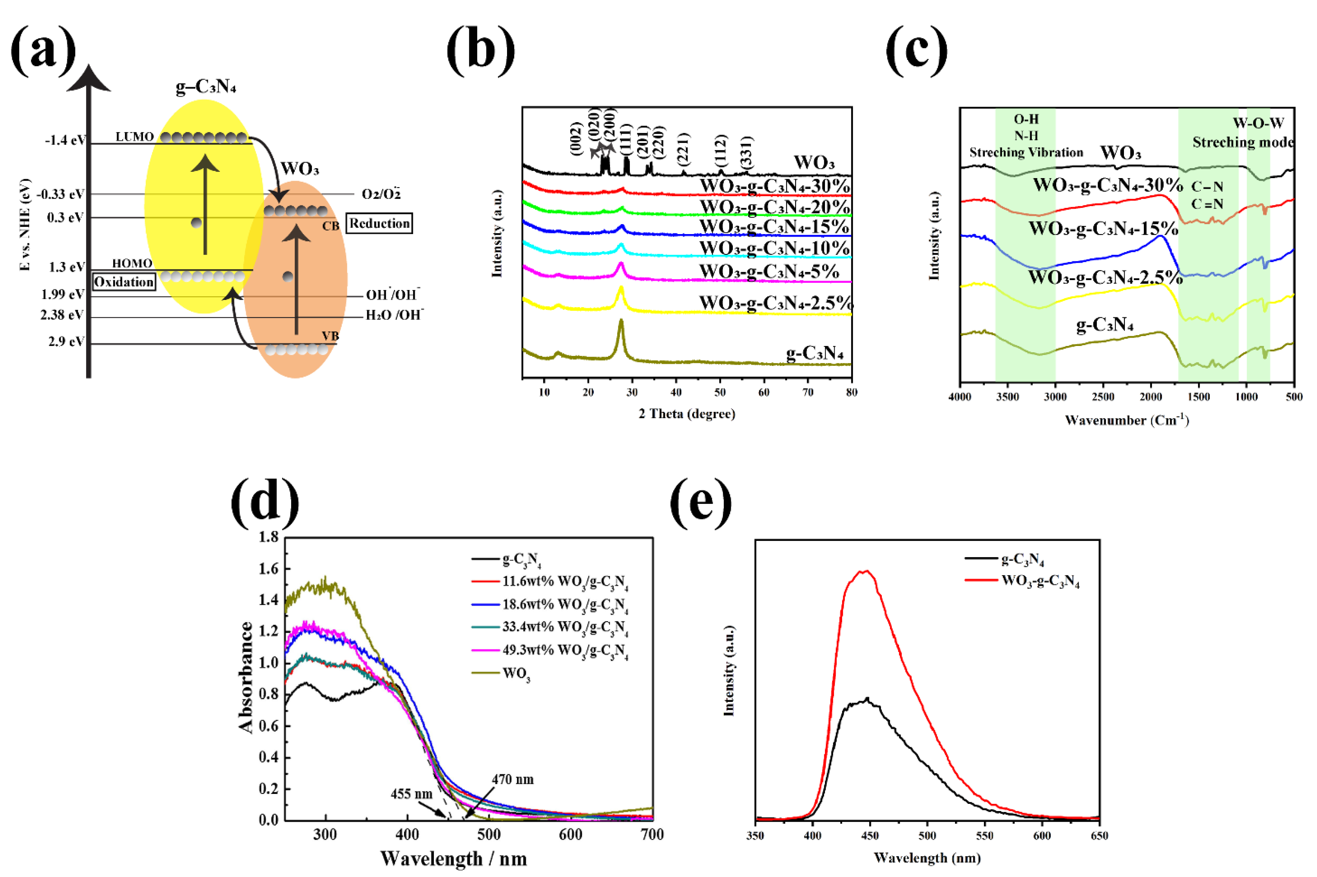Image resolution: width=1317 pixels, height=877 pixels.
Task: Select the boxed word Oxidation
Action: pyautogui.click(x=124, y=282)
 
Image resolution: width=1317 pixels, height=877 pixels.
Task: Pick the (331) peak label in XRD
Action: pyautogui.click(x=747, y=152)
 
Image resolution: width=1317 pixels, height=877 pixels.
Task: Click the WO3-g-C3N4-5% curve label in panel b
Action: pyautogui.click(x=769, y=271)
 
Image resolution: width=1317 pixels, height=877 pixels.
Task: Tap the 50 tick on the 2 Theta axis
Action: pyautogui.click(x=720, y=392)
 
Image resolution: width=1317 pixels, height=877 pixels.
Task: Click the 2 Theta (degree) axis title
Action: pyautogui.click(x=687, y=414)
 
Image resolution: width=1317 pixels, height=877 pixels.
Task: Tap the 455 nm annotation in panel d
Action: pyautogui.click(x=411, y=794)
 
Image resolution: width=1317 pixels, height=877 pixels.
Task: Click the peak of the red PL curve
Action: pyautogui.click(x=866, y=571)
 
